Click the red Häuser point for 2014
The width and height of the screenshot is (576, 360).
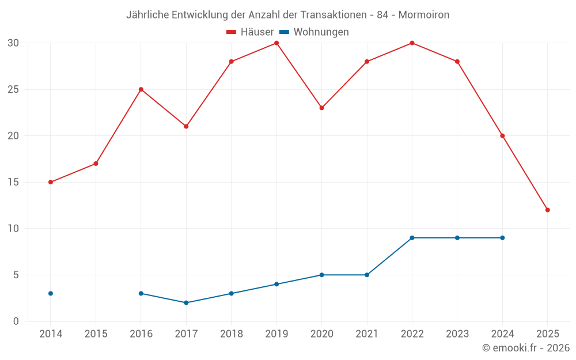[51, 182]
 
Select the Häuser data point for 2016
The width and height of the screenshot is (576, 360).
[141, 89]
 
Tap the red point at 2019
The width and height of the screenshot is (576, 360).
[276, 43]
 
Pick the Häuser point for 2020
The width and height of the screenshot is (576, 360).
[321, 108]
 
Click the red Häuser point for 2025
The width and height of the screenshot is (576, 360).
[547, 210]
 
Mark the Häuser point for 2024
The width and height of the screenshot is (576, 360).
[502, 136]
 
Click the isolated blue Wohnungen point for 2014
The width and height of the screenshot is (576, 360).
[51, 293]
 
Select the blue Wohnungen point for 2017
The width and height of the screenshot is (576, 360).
[186, 302]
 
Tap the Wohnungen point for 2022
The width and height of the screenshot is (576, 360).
[412, 238]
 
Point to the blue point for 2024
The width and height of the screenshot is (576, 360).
[502, 238]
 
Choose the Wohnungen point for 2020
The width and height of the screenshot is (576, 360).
[321, 275]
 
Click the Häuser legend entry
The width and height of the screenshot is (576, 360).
[250, 32]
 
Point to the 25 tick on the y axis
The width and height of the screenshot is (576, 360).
[13, 89]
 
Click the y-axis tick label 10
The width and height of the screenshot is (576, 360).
[13, 229]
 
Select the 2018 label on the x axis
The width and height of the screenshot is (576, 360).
[231, 334]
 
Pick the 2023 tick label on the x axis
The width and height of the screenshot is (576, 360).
[457, 334]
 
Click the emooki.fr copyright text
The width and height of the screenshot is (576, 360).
[526, 348]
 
